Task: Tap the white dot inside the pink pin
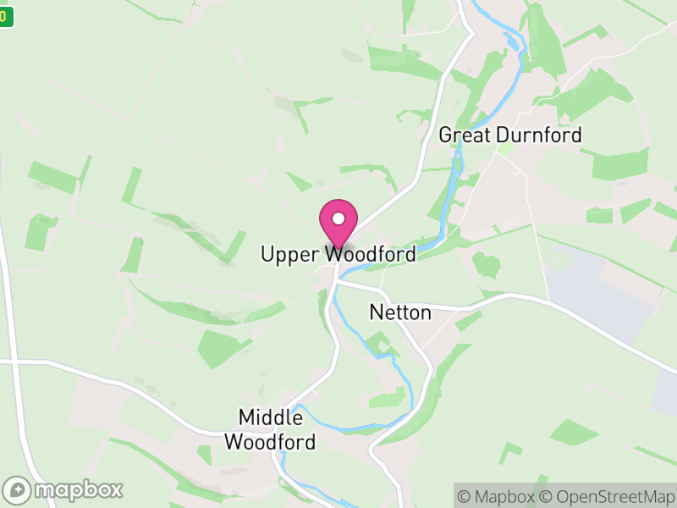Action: pos(338,218)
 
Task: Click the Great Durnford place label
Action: pos(510,135)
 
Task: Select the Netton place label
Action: pos(400,312)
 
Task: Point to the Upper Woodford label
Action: pos(338,254)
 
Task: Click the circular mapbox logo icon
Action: pos(19,489)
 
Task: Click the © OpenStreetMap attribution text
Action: pos(609,496)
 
